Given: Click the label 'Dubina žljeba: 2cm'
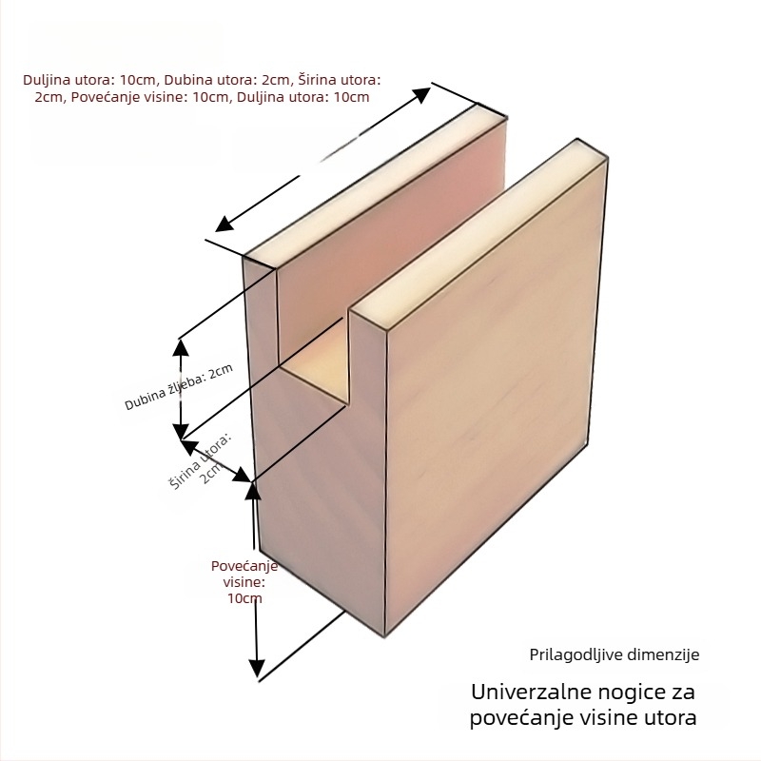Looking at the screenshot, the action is coord(179,387).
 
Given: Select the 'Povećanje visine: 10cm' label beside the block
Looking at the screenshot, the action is coord(244,582).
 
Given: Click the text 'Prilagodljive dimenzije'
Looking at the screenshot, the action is coord(614,654).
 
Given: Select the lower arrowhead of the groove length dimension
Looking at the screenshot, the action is coord(224,224).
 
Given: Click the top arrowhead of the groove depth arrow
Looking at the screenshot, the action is coord(181,347).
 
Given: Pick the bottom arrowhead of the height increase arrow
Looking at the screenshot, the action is coord(257,669).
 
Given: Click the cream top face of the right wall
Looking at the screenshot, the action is coord(478,233).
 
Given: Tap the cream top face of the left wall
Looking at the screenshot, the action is coord(374,185).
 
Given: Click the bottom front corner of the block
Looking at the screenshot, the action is coord(384,635).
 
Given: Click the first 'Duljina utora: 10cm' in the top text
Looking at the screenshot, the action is coord(91,80).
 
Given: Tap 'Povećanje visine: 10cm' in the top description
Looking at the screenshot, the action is coord(150,97).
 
